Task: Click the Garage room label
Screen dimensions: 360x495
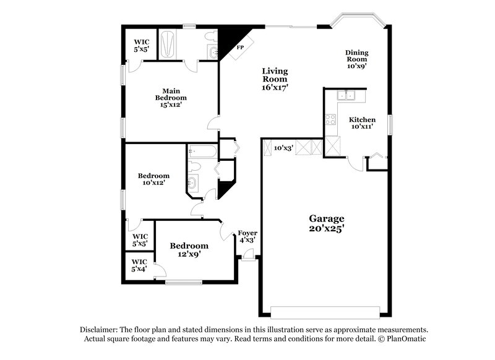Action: (x=327, y=218)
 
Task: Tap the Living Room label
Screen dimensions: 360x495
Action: (x=275, y=75)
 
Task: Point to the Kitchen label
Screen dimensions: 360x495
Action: (x=362, y=119)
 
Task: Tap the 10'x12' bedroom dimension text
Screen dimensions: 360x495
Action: (x=153, y=183)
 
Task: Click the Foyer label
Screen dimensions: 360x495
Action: (x=247, y=233)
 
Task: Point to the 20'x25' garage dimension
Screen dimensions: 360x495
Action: (x=327, y=228)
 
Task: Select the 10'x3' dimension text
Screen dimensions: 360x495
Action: (x=283, y=148)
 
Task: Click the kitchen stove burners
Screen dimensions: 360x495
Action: (x=330, y=120)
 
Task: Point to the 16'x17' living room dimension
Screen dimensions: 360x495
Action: (x=275, y=88)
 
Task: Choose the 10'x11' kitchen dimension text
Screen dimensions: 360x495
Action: (x=362, y=127)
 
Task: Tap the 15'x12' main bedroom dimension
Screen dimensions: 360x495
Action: (x=171, y=105)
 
